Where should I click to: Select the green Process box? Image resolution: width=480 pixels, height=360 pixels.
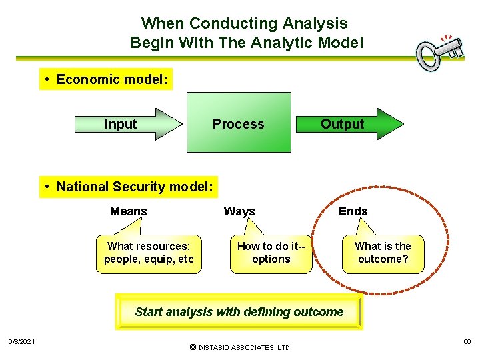coord(239,123)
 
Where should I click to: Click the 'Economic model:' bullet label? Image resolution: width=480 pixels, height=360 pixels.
coord(105,80)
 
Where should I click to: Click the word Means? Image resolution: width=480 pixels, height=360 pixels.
coord(128,211)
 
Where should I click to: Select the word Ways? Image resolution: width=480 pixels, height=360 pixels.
coord(239,211)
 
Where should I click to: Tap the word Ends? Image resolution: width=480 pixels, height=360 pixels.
coord(353,211)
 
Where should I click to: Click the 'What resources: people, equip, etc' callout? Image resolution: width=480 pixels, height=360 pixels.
coord(148,253)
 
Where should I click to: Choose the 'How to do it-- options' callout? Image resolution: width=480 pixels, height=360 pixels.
coord(271,253)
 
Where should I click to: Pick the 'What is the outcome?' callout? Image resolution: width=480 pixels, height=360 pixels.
coord(383,253)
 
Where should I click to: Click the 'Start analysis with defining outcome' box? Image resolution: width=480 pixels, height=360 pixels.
coord(239,312)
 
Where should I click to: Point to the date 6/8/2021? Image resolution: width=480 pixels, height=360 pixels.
coord(21,342)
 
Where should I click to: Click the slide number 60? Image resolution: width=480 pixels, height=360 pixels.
coord(467,342)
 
